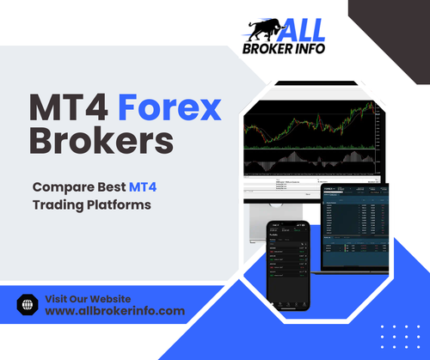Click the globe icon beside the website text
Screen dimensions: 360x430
(26, 303)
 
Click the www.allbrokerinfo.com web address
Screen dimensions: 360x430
(114, 311)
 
